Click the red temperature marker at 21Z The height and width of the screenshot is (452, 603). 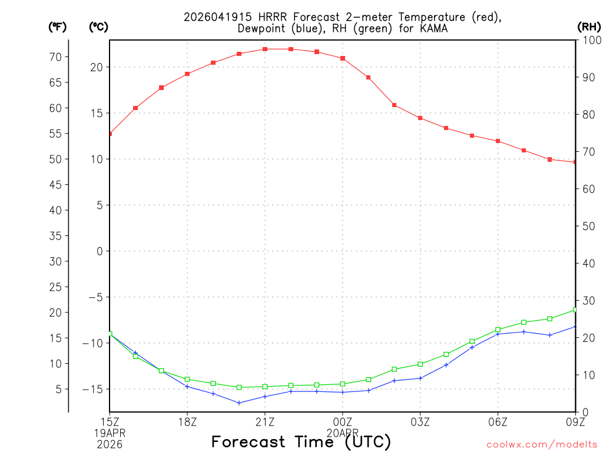265,49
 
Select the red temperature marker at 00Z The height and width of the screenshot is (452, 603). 343,58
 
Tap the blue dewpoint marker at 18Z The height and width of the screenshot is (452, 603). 187,387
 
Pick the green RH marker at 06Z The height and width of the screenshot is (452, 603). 498,330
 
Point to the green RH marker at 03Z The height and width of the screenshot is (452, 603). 420,364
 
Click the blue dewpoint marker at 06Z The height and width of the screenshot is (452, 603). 498,334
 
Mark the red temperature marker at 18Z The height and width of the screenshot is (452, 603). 187,74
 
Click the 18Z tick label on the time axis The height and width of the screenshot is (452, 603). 187,421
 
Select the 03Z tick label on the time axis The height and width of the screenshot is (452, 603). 420,421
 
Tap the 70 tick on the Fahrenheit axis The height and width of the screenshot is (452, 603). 56,57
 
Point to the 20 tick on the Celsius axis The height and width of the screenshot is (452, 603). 97,67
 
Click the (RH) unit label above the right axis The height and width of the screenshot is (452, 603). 589,26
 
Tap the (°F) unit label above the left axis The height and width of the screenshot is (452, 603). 57,26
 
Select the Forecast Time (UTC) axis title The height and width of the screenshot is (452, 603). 301,441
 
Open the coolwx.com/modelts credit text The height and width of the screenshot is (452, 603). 542,445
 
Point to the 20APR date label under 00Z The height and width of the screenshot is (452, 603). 343,432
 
